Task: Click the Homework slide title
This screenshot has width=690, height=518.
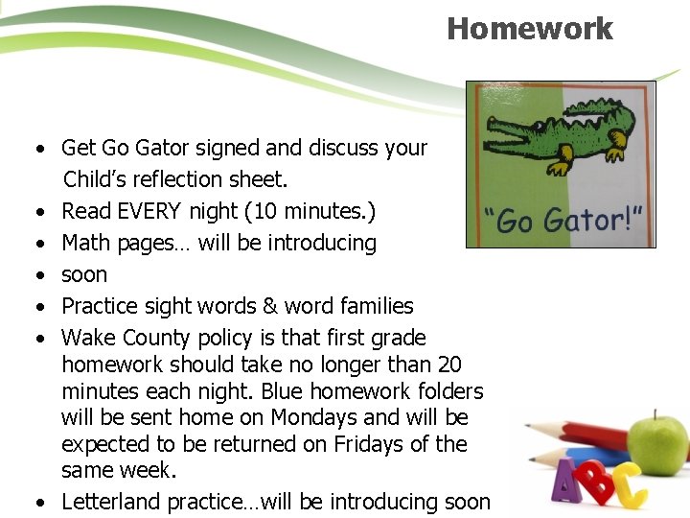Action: tap(529, 29)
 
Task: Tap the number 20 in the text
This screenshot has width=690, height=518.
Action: tap(448, 365)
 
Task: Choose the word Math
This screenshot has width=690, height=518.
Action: tap(86, 243)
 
